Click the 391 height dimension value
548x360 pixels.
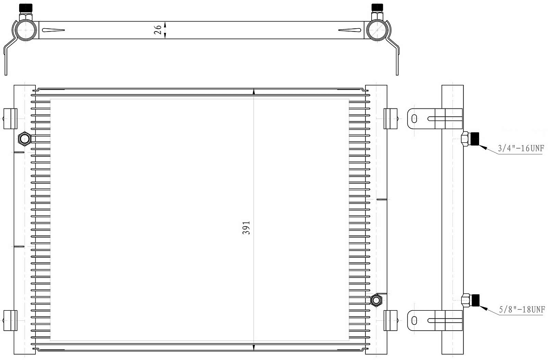[246, 228]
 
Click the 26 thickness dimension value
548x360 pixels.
[158, 30]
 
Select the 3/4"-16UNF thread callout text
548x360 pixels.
[521, 148]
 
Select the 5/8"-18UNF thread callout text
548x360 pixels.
[522, 310]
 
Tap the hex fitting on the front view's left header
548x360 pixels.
[25, 139]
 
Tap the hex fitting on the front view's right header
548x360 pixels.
[376, 300]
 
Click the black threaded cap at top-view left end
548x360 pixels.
[26, 8]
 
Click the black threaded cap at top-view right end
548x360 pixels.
[377, 8]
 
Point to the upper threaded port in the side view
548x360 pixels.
[470, 139]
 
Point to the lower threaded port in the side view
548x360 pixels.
[470, 300]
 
